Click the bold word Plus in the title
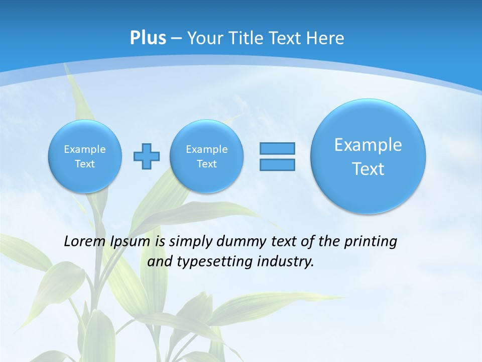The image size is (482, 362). click(148, 38)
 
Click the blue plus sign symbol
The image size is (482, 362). click(147, 156)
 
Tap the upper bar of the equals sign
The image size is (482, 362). click(277, 148)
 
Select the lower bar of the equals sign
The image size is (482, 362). click(277, 164)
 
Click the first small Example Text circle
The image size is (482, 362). click(85, 156)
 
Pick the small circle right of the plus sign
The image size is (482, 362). click(206, 156)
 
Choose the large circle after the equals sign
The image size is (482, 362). click(368, 156)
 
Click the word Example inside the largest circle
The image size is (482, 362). click(368, 145)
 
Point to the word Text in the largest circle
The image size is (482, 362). click(368, 169)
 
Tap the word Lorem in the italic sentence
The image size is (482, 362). click(85, 241)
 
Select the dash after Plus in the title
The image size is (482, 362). click(176, 38)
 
